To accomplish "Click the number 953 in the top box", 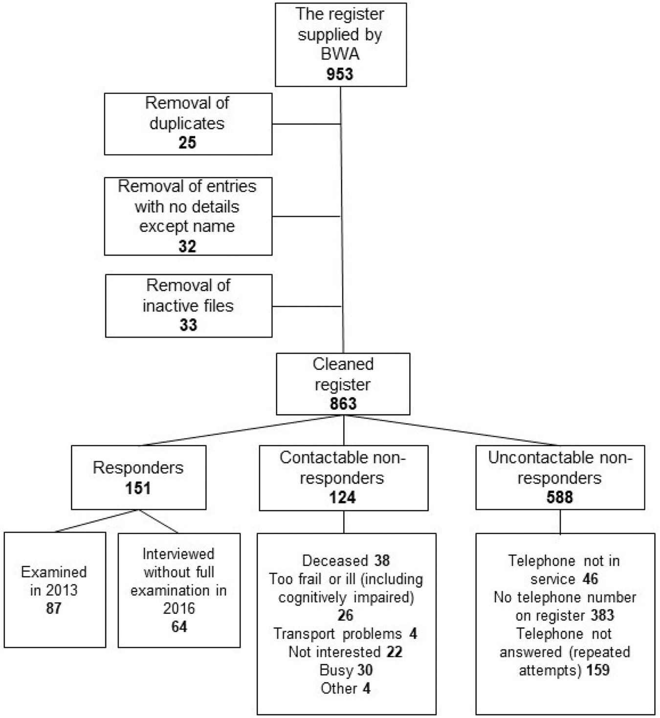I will click(340, 74).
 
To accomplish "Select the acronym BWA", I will click(340, 54).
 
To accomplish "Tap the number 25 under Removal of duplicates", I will click(187, 142).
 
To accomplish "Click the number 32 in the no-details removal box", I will click(187, 246).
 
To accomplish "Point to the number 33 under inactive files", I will click(188, 325).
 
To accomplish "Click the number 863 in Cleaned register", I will click(343, 404).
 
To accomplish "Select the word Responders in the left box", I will click(138, 468).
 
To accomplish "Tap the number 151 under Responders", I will click(138, 488).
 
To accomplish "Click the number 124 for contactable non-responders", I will click(342, 497).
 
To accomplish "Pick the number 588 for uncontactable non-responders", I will click(559, 497).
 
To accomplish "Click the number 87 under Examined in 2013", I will click(54, 608).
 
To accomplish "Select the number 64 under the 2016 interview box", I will click(179, 627).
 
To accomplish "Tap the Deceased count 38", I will click(382, 561).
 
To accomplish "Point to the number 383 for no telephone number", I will click(602, 615).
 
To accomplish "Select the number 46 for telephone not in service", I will click(590, 579).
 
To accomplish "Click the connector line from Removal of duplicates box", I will click(306, 124).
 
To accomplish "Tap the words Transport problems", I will click(337, 634).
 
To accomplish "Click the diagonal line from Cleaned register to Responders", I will click(240, 431).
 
